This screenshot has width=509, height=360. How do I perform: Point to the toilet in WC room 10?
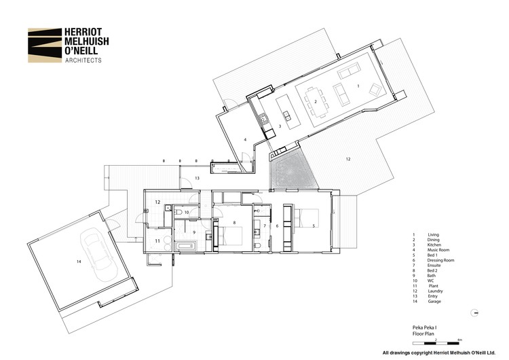tap(178, 213)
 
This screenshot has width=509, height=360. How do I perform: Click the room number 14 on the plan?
tap(79, 261)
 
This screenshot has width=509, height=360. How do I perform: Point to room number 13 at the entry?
tap(197, 178)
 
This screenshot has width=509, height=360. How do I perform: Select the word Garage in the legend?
tap(435, 302)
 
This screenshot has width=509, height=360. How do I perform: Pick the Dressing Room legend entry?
tap(440, 260)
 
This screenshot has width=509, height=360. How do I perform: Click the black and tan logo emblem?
tap(43, 45)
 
